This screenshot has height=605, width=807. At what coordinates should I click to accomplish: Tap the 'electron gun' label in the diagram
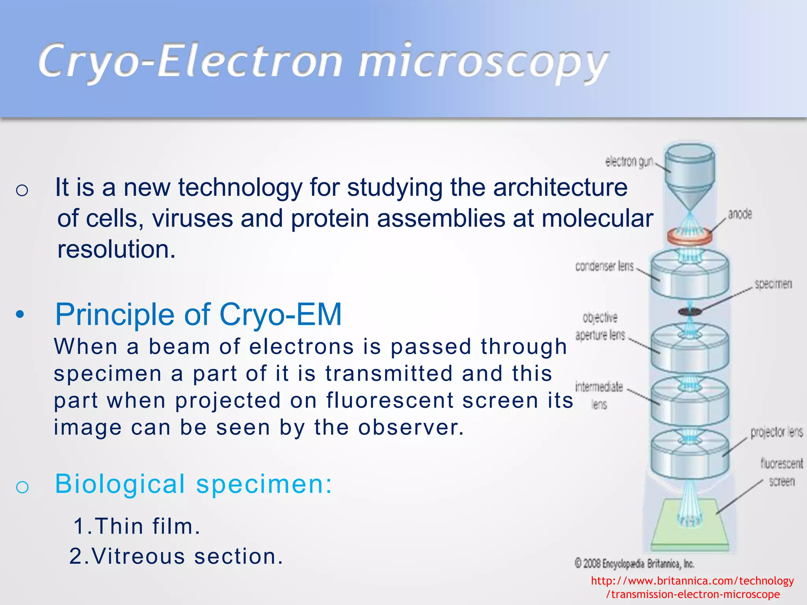point(629,161)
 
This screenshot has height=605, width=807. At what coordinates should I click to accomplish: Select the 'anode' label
point(740,214)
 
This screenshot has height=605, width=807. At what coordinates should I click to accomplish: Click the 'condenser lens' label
point(604,267)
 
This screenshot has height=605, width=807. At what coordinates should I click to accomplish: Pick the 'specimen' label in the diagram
point(773,284)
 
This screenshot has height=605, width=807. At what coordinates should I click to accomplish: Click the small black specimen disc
point(690,312)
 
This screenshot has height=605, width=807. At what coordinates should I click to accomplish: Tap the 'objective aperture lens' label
point(600,327)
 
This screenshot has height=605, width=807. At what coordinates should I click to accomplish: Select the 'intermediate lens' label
point(599,395)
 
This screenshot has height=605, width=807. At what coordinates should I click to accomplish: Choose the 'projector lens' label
point(776,432)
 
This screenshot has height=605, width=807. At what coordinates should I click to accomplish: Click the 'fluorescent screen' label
point(781,472)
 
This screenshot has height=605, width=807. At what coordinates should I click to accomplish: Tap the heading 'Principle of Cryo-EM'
point(198,315)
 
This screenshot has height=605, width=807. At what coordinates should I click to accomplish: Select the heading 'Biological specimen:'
point(193,484)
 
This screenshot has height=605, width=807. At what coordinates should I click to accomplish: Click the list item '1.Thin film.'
point(137,526)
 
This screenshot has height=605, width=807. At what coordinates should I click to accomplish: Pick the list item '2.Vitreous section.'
point(176,557)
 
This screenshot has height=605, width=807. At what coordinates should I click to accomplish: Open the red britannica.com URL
point(692,587)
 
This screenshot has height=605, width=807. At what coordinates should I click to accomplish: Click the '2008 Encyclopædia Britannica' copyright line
point(634,564)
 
